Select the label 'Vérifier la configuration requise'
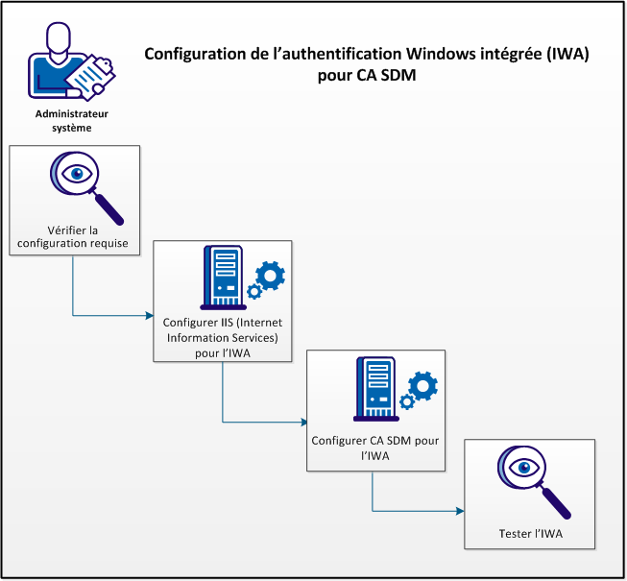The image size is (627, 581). tap(74, 236)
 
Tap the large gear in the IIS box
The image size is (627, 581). tap(270, 277)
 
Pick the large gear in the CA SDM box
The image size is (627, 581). tap(422, 387)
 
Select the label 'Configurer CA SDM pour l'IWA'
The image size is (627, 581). tap(374, 449)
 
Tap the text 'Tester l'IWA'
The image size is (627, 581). tap(529, 533)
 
